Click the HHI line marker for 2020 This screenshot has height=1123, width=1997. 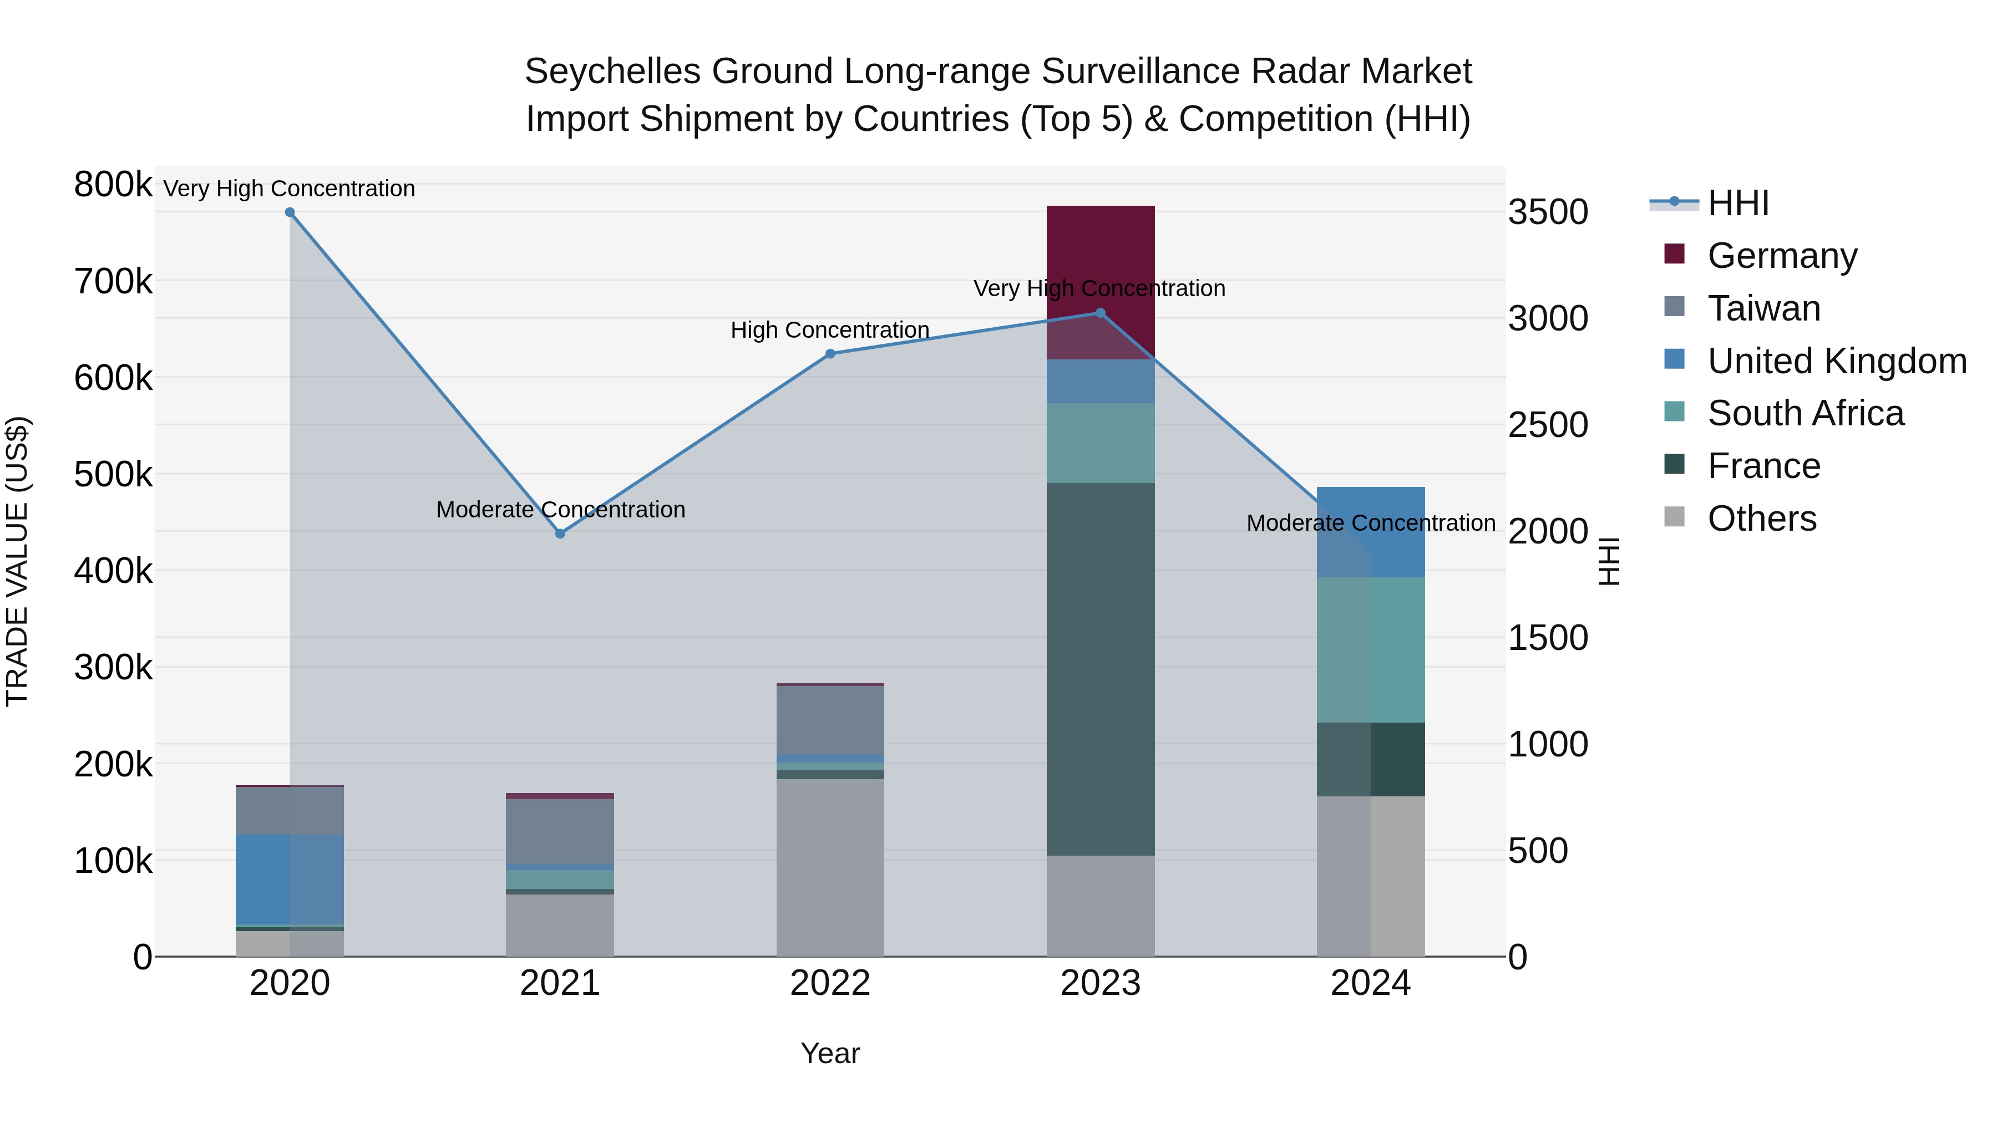tap(290, 212)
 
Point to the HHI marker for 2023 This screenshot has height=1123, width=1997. tap(1100, 313)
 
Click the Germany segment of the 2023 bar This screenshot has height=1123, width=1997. tap(1100, 263)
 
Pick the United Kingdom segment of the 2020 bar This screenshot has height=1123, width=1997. tap(290, 879)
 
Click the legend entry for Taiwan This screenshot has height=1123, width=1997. tap(1763, 308)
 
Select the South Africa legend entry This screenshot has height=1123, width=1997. tap(1805, 413)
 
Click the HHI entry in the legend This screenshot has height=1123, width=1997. tap(1738, 203)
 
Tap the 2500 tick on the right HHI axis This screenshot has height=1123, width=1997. tap(1547, 425)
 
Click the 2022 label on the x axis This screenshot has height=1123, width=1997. tap(830, 983)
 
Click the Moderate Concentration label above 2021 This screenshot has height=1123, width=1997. tap(560, 510)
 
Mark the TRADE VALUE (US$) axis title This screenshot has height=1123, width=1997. tap(18, 561)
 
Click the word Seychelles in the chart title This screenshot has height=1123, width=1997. tap(612, 72)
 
